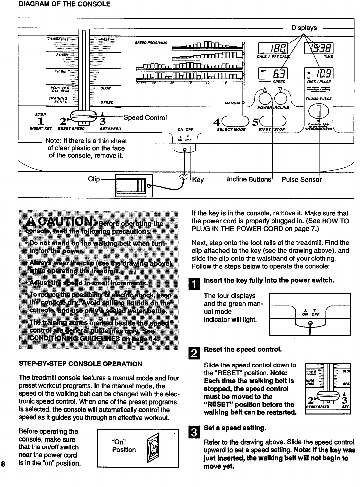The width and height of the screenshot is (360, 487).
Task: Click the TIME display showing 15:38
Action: pyautogui.click(x=319, y=48)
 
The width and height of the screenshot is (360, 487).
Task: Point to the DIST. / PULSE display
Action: pyautogui.click(x=319, y=74)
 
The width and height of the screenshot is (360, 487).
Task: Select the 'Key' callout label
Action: pyautogui.click(x=198, y=180)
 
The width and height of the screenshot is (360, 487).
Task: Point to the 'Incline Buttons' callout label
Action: pyautogui.click(x=249, y=180)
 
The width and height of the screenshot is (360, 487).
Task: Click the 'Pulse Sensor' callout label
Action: pyautogui.click(x=301, y=180)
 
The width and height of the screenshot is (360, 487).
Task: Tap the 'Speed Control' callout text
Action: pyautogui.click(x=145, y=118)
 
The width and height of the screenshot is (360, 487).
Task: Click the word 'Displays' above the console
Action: pyautogui.click(x=304, y=28)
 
